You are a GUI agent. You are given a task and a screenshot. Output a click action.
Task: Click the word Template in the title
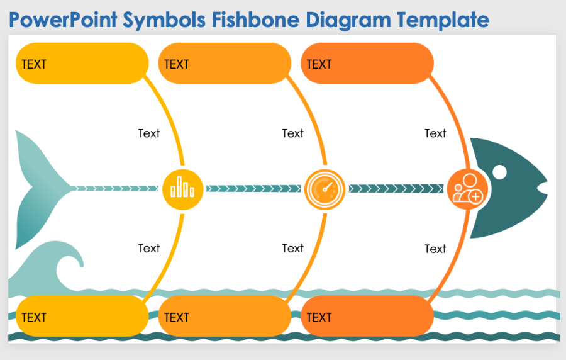443,20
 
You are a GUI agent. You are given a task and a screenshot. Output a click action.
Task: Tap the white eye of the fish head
499,171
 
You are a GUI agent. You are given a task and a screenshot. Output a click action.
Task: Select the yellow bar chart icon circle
182,188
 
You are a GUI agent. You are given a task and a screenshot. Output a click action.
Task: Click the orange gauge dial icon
325,188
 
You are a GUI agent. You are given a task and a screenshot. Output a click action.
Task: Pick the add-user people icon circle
468,188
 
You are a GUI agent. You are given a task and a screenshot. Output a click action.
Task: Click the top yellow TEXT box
82,64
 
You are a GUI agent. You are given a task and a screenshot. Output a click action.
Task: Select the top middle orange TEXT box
225,64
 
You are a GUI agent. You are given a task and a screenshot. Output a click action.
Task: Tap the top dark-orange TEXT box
367,64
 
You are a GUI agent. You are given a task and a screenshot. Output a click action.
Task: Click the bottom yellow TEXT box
82,317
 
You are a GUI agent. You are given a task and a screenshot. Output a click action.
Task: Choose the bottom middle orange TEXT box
225,317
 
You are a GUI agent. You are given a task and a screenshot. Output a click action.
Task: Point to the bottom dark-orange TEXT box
367,317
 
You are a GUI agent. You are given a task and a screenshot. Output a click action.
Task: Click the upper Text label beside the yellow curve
149,133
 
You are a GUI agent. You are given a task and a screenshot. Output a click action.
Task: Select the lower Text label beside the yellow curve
149,249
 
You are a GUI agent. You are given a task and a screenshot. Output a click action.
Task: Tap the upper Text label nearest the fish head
435,133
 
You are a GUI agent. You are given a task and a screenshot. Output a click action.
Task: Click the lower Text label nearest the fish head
435,249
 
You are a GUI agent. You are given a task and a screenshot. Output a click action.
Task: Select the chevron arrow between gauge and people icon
396,188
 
